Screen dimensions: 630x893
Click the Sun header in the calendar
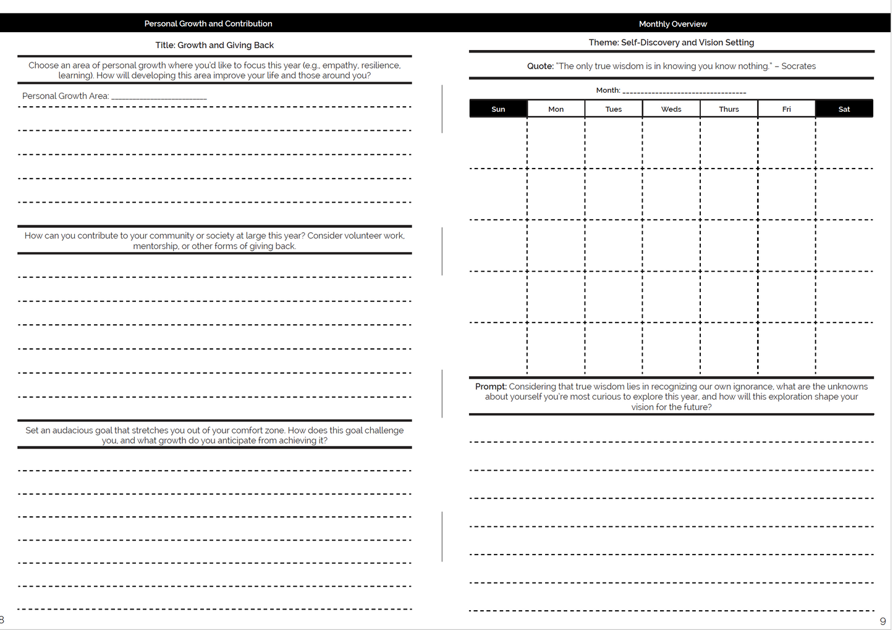[x=498, y=109]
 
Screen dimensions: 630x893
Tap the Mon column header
[x=556, y=109]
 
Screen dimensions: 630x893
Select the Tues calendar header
[x=614, y=109]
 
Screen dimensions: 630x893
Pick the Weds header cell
[x=671, y=109]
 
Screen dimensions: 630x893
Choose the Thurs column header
[x=729, y=109]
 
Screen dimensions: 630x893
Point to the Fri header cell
[x=786, y=109]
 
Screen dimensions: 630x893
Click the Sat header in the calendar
[x=844, y=109]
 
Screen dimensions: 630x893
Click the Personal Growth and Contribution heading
[x=208, y=23]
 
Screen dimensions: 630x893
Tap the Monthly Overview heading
[x=673, y=24]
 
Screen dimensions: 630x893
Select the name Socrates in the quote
[x=798, y=66]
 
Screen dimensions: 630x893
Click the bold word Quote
[x=540, y=66]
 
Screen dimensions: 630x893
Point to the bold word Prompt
[x=490, y=387]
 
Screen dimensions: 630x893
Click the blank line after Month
[x=684, y=91]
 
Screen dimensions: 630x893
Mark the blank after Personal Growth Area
[x=159, y=97]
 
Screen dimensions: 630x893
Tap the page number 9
[x=882, y=621]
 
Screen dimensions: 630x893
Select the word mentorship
[x=155, y=246]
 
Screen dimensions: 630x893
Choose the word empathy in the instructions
[x=339, y=65]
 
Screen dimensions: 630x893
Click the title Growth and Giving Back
[x=225, y=45]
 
